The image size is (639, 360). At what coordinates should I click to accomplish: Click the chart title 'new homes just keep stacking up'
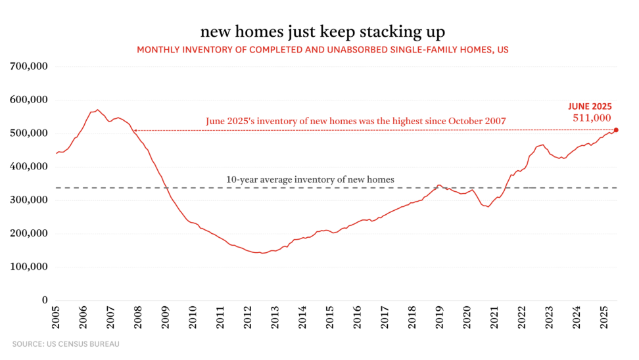[319, 32]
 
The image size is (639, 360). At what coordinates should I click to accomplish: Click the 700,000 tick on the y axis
[30, 66]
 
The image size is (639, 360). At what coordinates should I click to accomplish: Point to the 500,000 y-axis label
[30, 133]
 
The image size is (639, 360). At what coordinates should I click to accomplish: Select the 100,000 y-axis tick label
[30, 267]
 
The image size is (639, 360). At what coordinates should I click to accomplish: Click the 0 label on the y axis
[45, 300]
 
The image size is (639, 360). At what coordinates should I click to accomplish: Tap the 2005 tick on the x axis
[57, 319]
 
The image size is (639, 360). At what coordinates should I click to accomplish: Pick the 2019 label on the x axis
[438, 319]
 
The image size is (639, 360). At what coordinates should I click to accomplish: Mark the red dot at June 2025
[616, 130]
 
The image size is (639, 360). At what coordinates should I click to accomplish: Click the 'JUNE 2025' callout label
[590, 106]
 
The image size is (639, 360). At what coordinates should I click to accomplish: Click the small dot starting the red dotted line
[135, 130]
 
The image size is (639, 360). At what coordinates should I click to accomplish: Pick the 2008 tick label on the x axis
[139, 319]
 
